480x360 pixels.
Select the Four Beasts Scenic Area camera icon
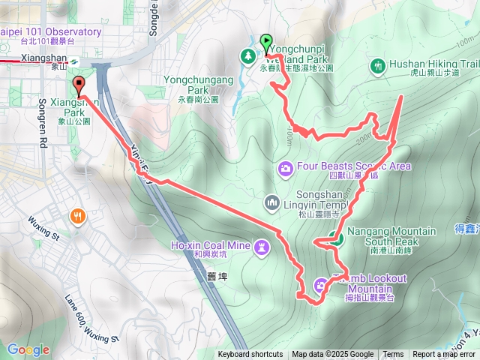(x=285, y=167)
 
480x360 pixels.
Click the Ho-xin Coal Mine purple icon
(x=261, y=245)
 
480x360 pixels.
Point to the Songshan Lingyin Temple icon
(x=271, y=202)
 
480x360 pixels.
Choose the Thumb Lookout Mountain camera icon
(x=320, y=284)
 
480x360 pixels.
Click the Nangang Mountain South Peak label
(x=390, y=235)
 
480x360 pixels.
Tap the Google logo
(x=28, y=349)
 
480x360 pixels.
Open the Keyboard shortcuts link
(x=250, y=355)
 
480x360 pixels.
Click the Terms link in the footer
(x=392, y=355)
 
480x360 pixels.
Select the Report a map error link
(x=444, y=355)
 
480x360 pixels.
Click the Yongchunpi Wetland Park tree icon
(x=247, y=55)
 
